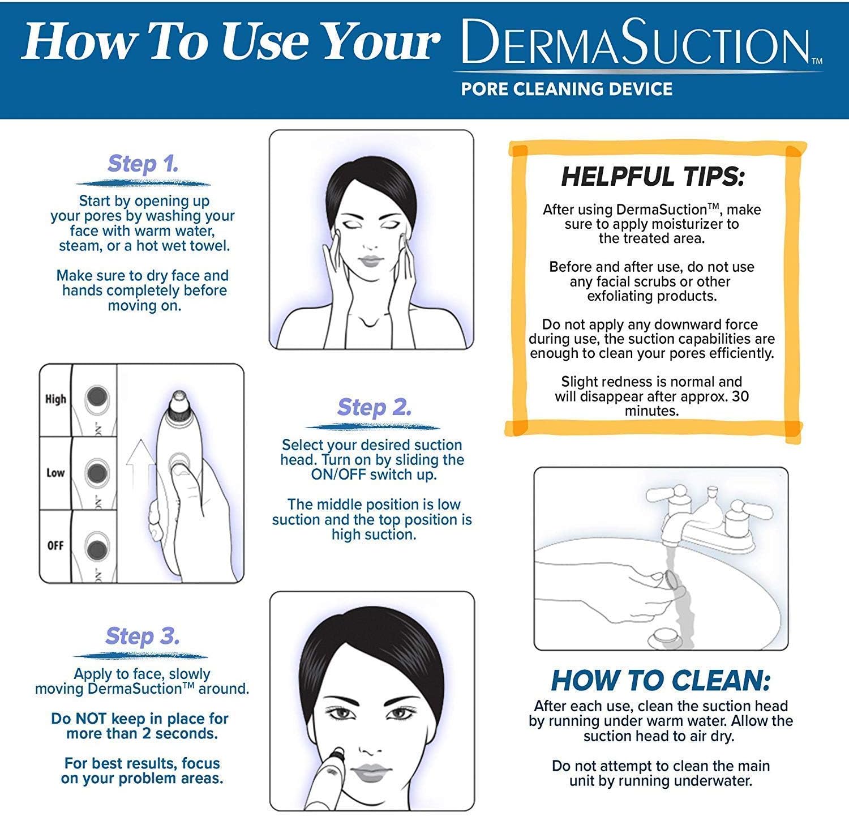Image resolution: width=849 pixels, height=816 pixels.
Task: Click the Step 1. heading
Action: click(143, 164)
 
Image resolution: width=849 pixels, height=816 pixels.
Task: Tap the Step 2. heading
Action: click(374, 407)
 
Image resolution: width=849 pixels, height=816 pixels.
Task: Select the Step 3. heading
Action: click(143, 636)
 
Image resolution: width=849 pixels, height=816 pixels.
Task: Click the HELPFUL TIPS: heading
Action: click(653, 177)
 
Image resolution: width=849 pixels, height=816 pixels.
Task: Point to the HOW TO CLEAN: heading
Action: click(661, 680)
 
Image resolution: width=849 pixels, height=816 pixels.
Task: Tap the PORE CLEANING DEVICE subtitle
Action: click(567, 89)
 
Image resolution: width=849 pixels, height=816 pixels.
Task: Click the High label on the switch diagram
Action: click(55, 399)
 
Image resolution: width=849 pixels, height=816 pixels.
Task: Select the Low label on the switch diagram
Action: click(55, 472)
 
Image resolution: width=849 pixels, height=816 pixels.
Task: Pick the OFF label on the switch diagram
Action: click(55, 545)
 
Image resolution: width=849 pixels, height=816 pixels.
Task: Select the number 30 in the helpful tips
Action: click(740, 396)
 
